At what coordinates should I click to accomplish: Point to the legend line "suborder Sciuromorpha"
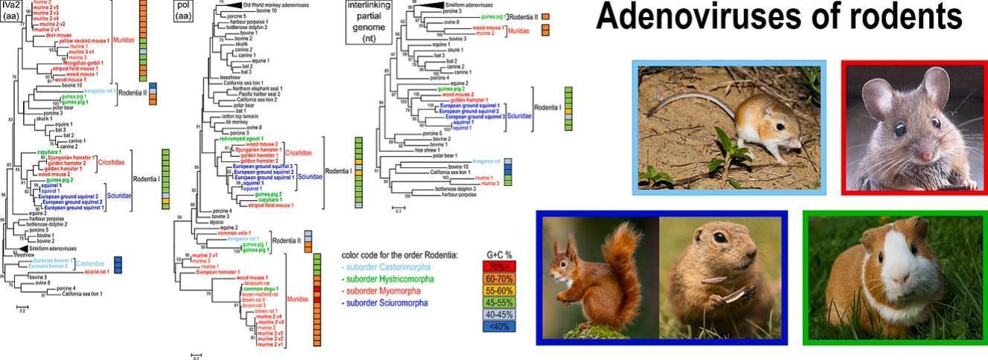click(x=385, y=303)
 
